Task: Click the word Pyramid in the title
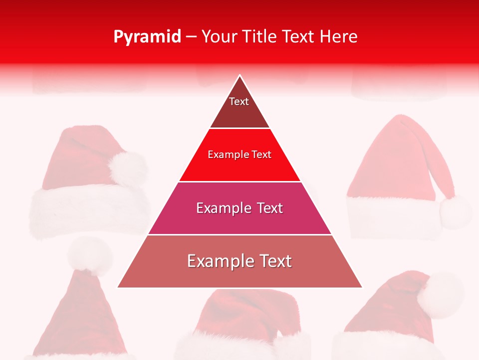(147, 37)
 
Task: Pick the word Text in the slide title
(299, 37)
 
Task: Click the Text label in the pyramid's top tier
(239, 101)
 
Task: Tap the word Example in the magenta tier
(223, 208)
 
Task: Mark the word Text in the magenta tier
(270, 208)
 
